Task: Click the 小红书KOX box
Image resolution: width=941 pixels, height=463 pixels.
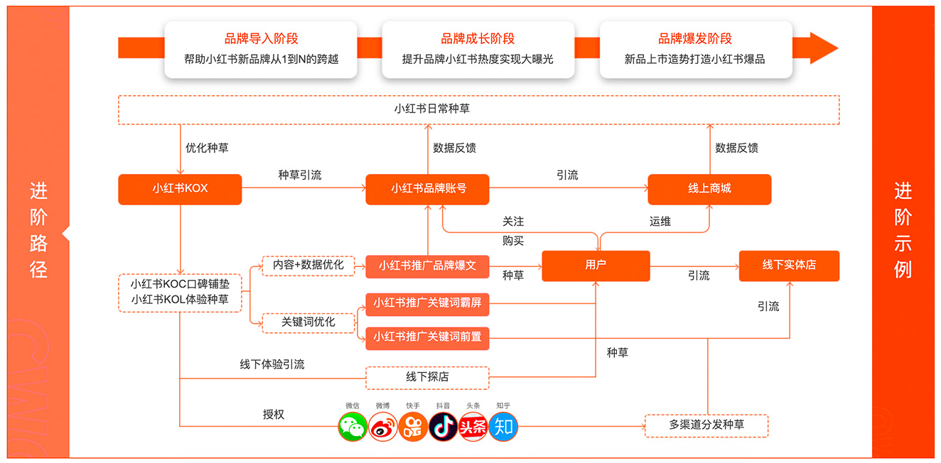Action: pos(180,189)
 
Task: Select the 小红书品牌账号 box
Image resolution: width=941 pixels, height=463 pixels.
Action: pos(428,189)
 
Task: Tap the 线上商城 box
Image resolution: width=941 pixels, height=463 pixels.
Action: pos(709,189)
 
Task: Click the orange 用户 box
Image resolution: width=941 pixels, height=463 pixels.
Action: pos(596,266)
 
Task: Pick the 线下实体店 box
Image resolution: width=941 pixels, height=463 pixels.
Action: pos(789,266)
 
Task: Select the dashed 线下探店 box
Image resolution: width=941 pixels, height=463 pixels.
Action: pos(427,377)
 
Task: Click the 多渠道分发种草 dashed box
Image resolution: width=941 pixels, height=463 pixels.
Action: pos(706,425)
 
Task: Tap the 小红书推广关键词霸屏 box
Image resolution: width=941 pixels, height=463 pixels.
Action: pos(427,303)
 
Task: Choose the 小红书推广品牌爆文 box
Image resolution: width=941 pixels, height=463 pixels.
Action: pos(427,266)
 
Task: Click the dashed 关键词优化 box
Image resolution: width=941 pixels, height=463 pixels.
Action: pos(308,322)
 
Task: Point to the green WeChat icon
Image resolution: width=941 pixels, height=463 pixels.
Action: pos(353,426)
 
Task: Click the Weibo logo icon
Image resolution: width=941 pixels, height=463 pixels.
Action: pos(383,426)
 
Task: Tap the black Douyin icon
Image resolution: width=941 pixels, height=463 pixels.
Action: pos(443,426)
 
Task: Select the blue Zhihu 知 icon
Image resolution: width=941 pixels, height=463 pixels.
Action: pos(504,426)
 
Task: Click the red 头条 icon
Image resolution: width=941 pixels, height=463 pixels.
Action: pos(473,426)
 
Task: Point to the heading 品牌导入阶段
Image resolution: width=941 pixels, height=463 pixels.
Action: pos(261,39)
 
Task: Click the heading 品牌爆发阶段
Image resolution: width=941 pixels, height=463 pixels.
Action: pos(694,39)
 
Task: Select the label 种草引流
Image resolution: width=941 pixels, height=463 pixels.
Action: pos(299,175)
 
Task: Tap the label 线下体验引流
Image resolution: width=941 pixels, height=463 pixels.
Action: pos(272,364)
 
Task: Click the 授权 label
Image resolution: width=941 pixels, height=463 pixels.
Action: pos(274,414)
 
